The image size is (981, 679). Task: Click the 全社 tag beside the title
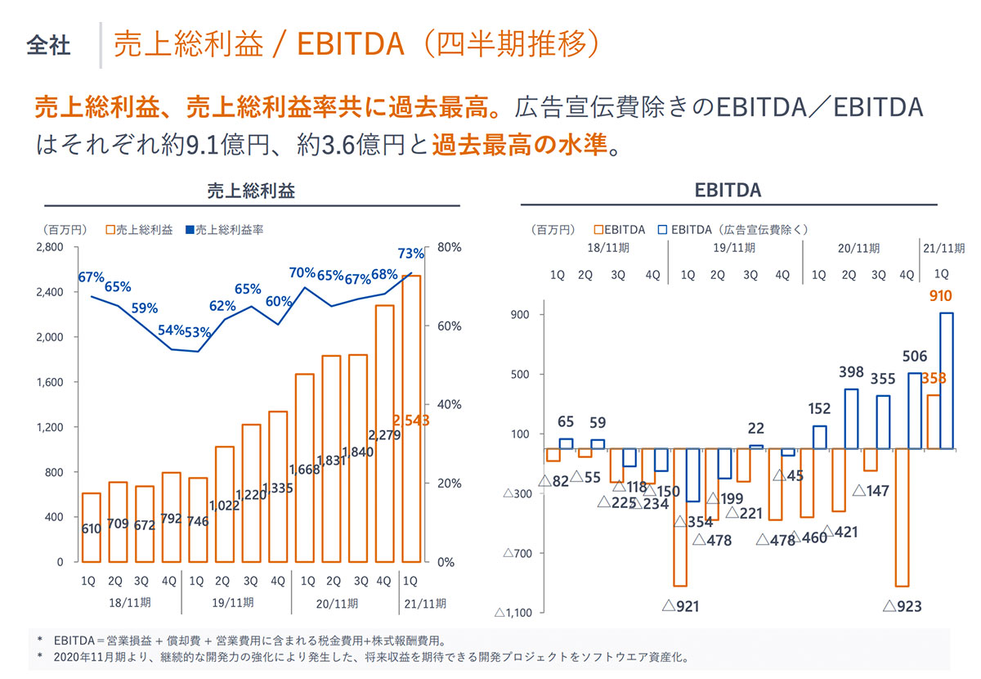point(48,44)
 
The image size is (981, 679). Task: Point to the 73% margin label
point(410,253)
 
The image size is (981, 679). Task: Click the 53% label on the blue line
point(197,332)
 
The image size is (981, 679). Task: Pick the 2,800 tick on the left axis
point(48,247)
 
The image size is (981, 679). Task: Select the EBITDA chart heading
point(728,191)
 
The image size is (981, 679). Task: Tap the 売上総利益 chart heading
point(250,191)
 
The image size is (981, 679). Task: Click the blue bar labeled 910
point(946,380)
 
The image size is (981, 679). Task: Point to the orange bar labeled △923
point(903,517)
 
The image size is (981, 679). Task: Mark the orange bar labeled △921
point(679,517)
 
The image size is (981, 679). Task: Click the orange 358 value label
point(933,379)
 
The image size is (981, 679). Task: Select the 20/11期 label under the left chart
point(336,604)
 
